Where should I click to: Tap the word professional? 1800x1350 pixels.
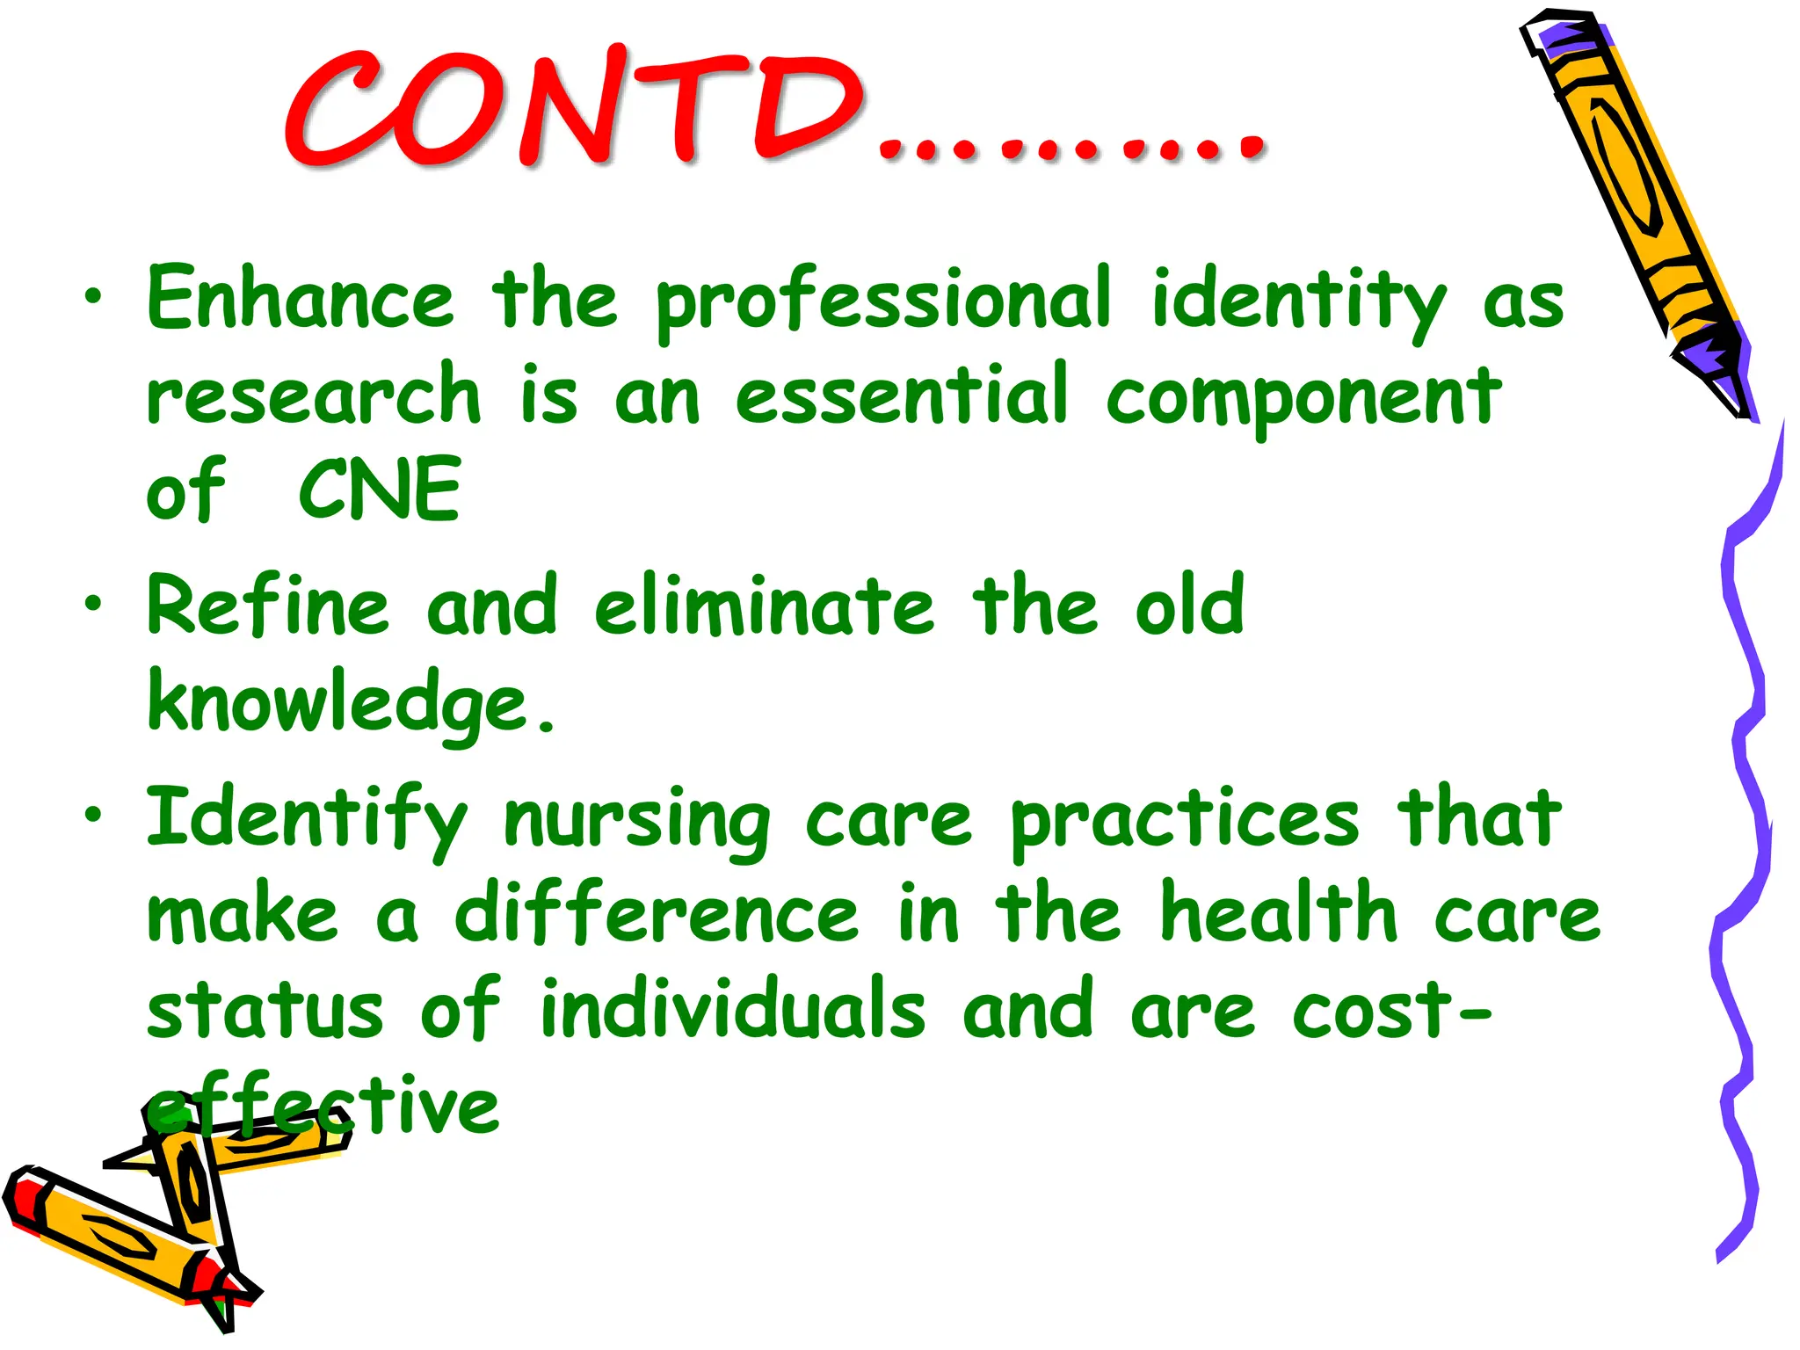[883, 303]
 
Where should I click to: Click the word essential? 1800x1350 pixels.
[901, 396]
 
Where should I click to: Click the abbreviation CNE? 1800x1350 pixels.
[380, 490]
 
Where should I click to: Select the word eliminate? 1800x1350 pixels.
[764, 606]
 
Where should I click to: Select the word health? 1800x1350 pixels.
[1278, 914]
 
